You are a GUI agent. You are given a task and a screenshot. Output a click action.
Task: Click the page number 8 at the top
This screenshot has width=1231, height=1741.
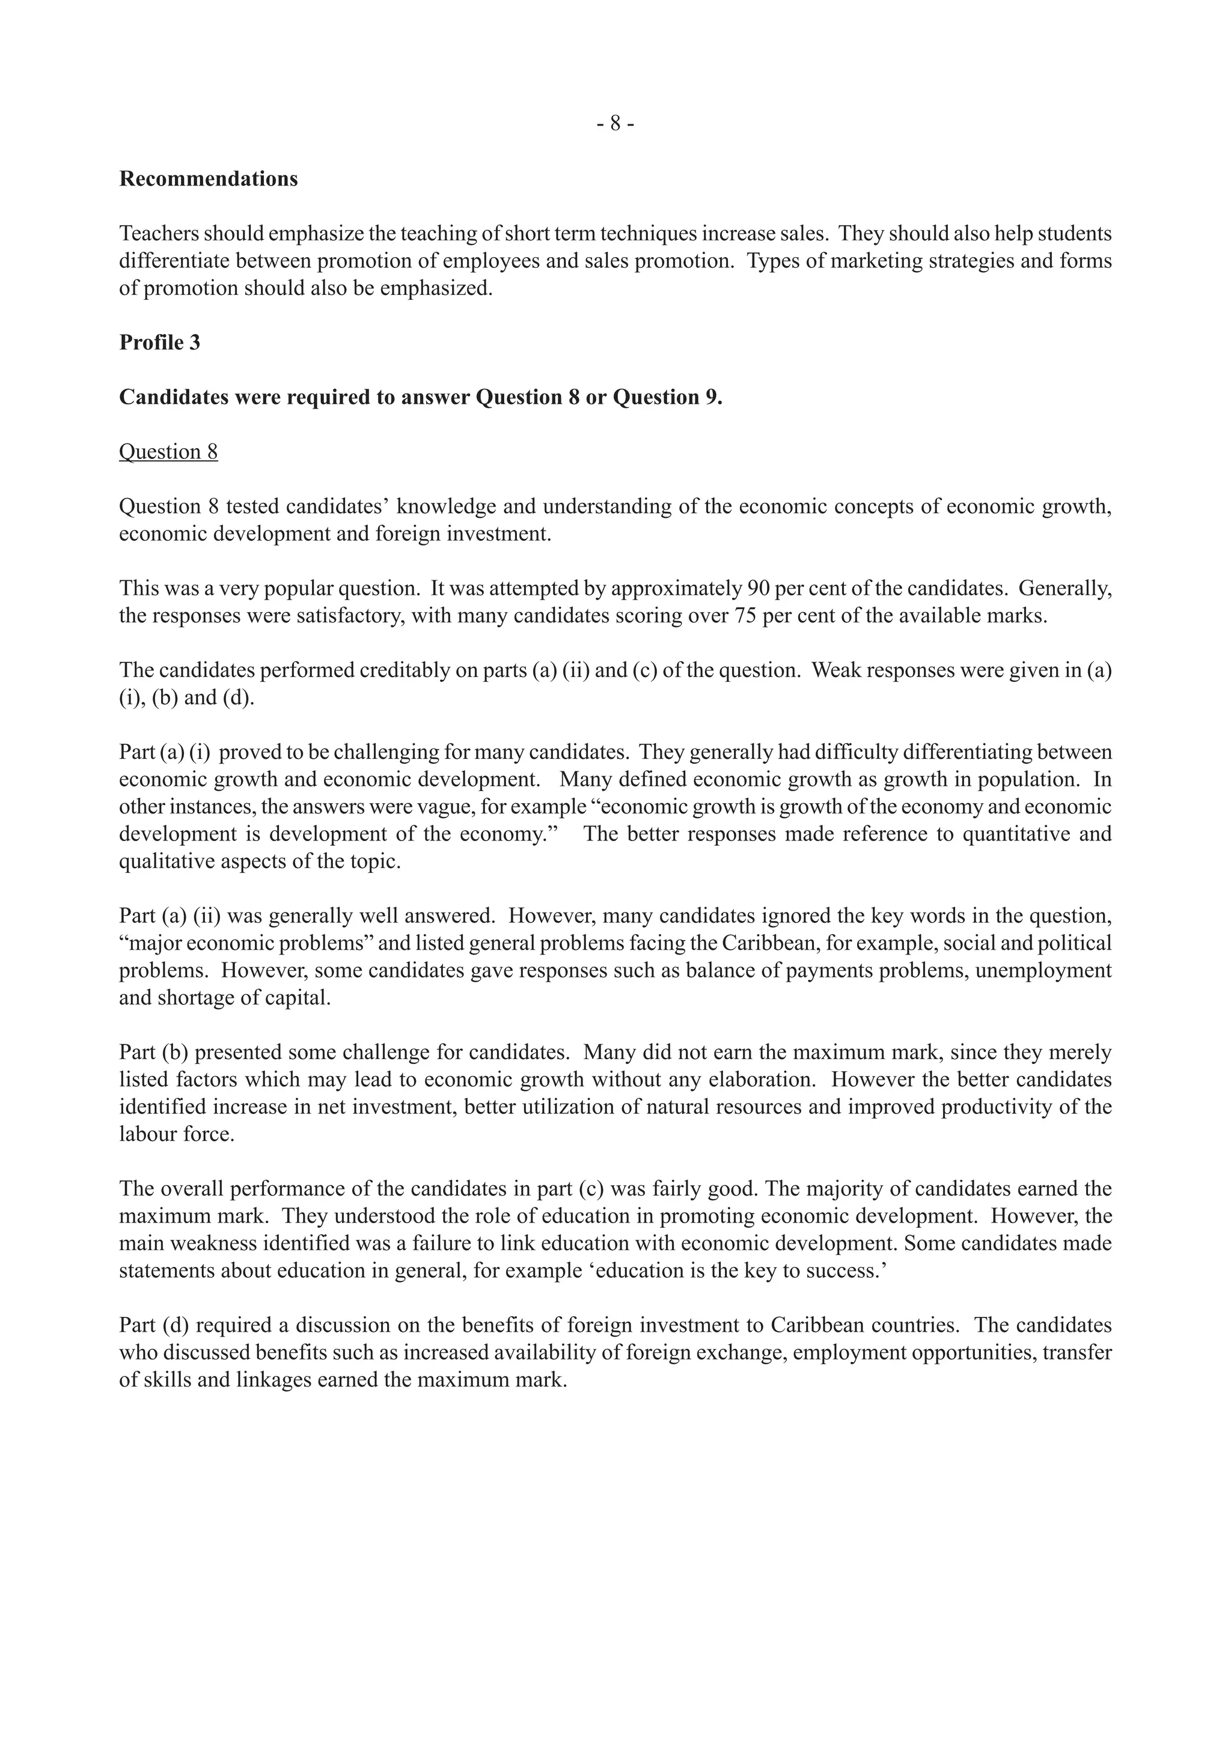pos(615,123)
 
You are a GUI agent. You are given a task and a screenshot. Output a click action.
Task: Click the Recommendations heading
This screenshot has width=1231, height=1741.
pos(209,179)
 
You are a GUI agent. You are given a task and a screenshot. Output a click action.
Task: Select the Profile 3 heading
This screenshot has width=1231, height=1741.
pos(159,343)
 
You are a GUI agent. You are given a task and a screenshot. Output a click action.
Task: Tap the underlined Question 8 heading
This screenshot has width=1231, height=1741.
pos(168,452)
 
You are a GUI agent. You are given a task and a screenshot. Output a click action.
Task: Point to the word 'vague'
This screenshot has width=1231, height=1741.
pos(435,807)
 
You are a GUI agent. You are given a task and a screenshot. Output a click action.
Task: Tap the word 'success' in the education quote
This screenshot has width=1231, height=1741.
pos(846,1271)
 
